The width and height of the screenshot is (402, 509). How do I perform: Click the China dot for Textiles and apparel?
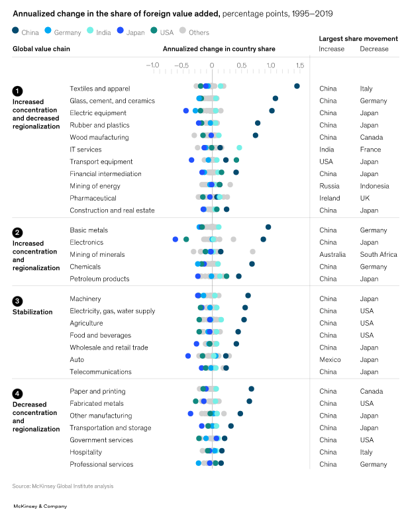[x=297, y=86]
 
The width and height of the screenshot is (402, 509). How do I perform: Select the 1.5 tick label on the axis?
[x=300, y=65]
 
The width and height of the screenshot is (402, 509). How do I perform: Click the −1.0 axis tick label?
[x=152, y=65]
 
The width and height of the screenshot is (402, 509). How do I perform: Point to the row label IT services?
[x=85, y=150]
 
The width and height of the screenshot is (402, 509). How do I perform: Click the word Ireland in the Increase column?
[x=329, y=198]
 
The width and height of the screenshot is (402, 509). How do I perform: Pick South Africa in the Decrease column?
[x=379, y=255]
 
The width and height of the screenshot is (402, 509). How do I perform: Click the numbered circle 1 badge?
[x=17, y=91]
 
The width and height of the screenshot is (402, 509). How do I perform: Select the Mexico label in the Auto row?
[x=330, y=360]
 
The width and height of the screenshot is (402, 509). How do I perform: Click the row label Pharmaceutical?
[x=93, y=198]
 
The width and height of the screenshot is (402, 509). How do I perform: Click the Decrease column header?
[x=374, y=49]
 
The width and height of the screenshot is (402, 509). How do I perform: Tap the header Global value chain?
[x=41, y=48]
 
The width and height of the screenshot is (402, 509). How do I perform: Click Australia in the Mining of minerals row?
[x=332, y=255]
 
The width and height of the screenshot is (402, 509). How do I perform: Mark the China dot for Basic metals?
[x=268, y=227]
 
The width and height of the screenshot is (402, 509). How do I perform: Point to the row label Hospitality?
[x=86, y=452]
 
